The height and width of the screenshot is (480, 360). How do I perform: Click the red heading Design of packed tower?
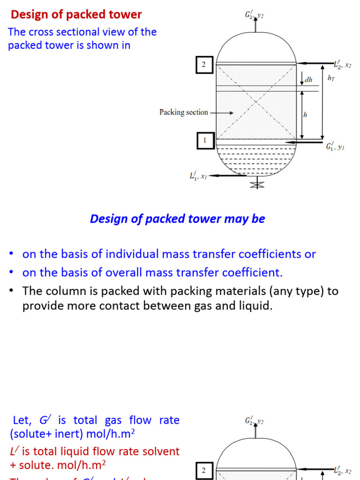pyautogui.click(x=76, y=15)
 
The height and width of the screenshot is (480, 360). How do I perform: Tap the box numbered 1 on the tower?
pyautogui.click(x=204, y=140)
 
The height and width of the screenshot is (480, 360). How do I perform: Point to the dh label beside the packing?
pyautogui.click(x=308, y=80)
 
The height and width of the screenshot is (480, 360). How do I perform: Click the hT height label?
pyautogui.click(x=331, y=78)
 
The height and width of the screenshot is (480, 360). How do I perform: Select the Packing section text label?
pyautogui.click(x=183, y=112)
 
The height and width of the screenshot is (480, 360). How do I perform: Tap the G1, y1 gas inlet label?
pyautogui.click(x=335, y=146)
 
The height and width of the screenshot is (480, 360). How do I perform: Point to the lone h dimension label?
pyautogui.click(x=305, y=115)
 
